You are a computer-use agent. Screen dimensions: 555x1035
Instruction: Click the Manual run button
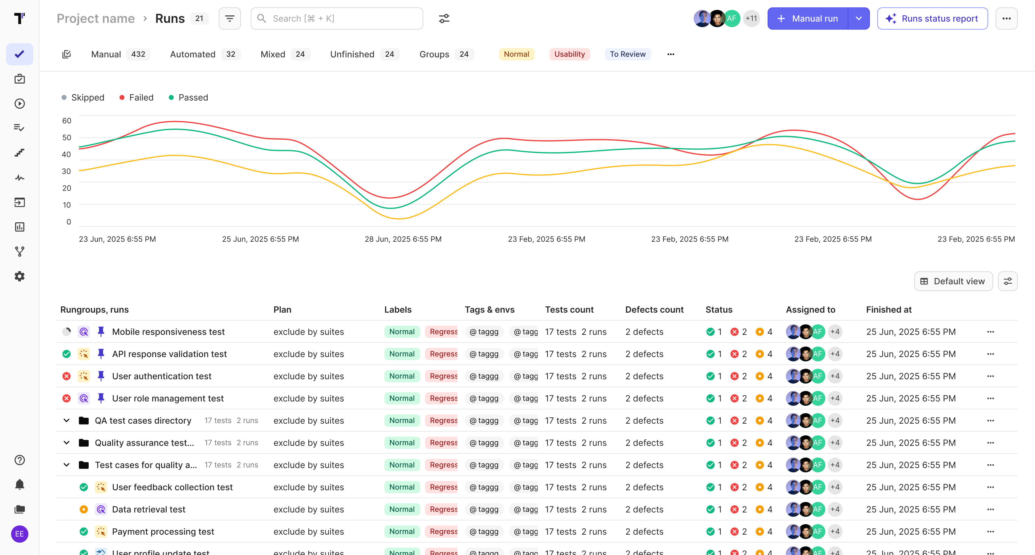click(x=808, y=18)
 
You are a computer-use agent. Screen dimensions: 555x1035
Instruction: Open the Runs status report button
click(x=932, y=18)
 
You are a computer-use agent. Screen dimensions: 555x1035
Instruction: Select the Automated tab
click(x=193, y=54)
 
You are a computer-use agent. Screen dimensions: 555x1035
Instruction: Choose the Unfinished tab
click(x=352, y=54)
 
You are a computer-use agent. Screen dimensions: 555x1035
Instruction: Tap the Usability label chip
click(x=569, y=54)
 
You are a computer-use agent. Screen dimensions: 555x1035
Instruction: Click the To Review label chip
click(x=627, y=54)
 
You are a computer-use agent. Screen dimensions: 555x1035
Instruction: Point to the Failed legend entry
click(x=141, y=98)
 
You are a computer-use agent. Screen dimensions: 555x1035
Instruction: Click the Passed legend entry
click(x=193, y=98)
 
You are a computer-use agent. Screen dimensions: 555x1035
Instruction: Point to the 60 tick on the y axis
click(x=67, y=121)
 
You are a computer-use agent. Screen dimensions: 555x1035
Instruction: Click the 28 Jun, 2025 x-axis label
click(x=403, y=239)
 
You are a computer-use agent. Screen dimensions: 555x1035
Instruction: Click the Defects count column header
click(x=654, y=310)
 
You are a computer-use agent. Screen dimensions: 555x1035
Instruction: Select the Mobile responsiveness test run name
click(x=168, y=332)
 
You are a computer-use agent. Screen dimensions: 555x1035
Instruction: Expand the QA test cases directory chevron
click(x=67, y=421)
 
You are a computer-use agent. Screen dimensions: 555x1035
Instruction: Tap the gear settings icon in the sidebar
click(x=19, y=276)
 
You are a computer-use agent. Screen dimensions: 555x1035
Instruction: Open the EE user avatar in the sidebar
click(x=19, y=534)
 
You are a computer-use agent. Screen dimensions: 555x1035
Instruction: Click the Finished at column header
click(x=889, y=310)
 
